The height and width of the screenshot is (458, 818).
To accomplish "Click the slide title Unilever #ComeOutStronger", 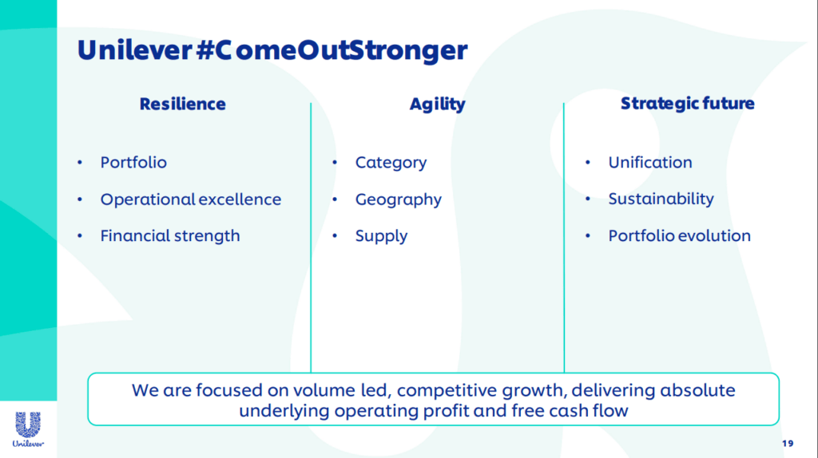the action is (272, 51).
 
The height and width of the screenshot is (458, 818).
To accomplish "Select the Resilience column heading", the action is (183, 104).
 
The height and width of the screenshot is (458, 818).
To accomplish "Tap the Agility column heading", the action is (437, 105).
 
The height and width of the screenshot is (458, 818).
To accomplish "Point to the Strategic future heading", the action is (687, 104).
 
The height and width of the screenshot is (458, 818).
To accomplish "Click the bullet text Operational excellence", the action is (190, 199).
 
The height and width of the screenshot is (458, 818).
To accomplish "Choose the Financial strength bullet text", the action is (170, 236).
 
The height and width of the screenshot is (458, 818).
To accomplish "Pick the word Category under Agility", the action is (391, 163).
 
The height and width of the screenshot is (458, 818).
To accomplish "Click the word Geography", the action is (398, 199).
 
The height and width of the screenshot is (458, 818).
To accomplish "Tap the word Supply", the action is (381, 236).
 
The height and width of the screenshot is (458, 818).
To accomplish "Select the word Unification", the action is (650, 162).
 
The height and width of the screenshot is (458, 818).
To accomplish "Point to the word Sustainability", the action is (661, 199).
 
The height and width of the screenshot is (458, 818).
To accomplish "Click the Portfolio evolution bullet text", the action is (679, 235).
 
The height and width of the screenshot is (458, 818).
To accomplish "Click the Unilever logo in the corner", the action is (28, 429).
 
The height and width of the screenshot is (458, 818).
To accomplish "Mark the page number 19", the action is (787, 444).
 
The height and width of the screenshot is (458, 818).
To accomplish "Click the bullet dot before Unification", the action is (587, 163).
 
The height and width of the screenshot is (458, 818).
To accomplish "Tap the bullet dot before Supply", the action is (335, 236).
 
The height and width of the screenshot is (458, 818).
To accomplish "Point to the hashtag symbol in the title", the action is (204, 51).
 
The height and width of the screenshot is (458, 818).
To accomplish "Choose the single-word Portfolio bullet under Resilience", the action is (133, 163).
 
